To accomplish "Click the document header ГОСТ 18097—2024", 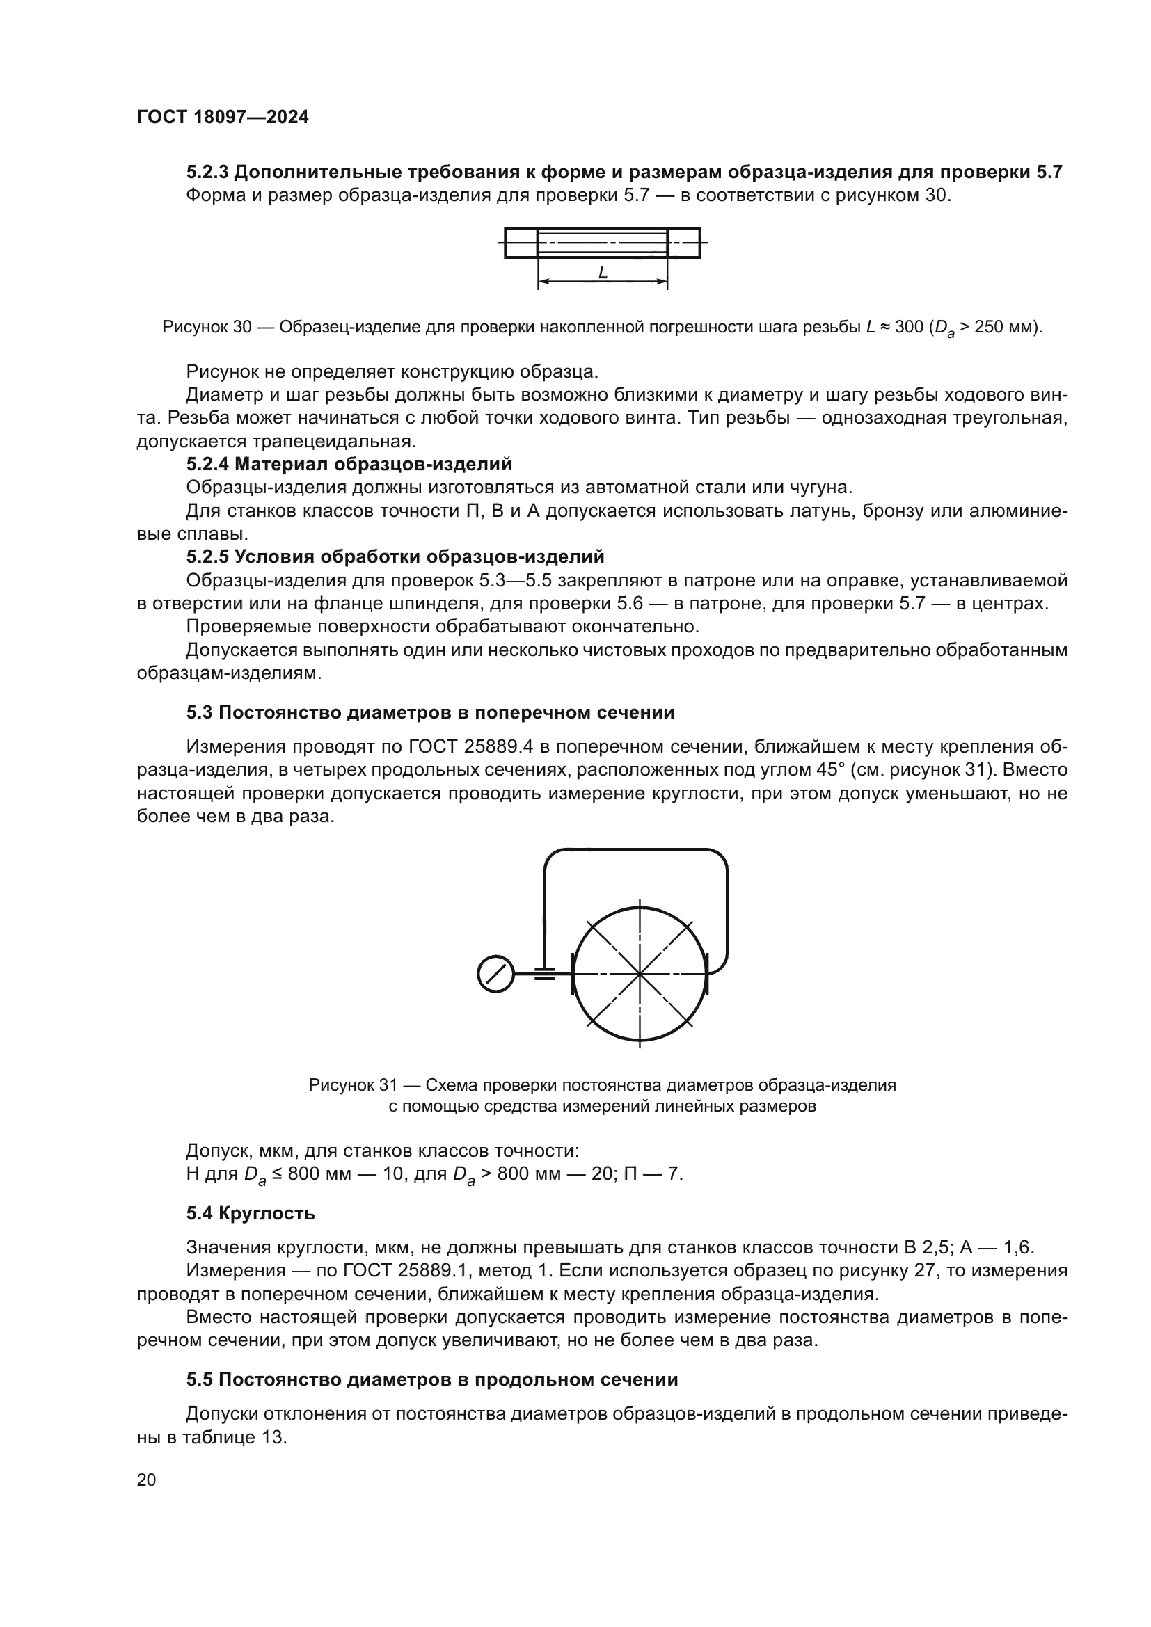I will click(x=223, y=118).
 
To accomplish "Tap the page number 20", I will click(x=147, y=1480).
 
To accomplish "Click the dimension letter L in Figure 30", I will click(x=603, y=272).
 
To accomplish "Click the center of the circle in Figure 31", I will click(x=640, y=975).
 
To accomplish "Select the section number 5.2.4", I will click(x=207, y=464).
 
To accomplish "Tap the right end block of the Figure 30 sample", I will click(x=684, y=243).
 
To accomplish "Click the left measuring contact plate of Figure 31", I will click(x=573, y=975).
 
